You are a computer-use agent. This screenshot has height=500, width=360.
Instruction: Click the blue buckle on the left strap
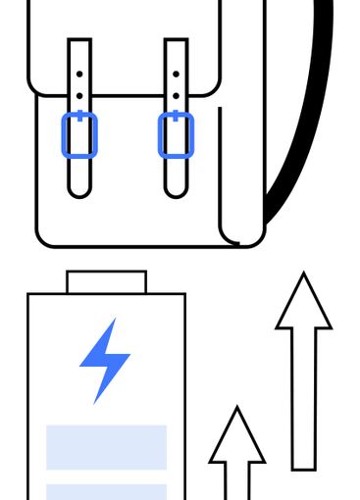click(79, 134)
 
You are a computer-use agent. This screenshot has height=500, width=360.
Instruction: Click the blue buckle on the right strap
click(176, 134)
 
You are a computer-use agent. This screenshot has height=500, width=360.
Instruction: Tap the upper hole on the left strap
click(79, 75)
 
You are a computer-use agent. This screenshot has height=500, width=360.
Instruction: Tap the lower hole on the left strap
click(79, 97)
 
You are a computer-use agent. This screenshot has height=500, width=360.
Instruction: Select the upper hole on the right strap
click(176, 75)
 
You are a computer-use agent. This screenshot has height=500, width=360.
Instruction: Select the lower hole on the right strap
click(176, 97)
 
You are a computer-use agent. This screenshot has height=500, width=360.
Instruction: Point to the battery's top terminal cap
click(106, 282)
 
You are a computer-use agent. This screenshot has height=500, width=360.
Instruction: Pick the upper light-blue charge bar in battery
click(106, 447)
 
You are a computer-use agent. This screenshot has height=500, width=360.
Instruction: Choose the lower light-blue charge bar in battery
click(106, 491)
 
